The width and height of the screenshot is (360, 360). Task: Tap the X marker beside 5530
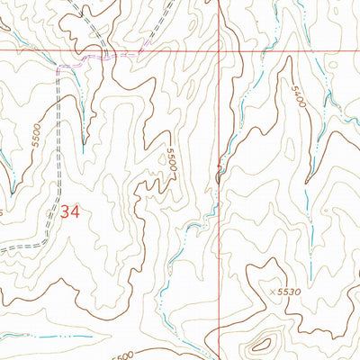pos(273,292)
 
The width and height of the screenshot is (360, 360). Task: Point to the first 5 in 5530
pos(281,292)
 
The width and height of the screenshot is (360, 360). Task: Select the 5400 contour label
pos(298,97)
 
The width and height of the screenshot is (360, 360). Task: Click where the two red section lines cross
pos(220,50)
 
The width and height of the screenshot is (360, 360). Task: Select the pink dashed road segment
pos(99,59)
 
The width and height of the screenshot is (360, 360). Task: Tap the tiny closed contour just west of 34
pos(50,212)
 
